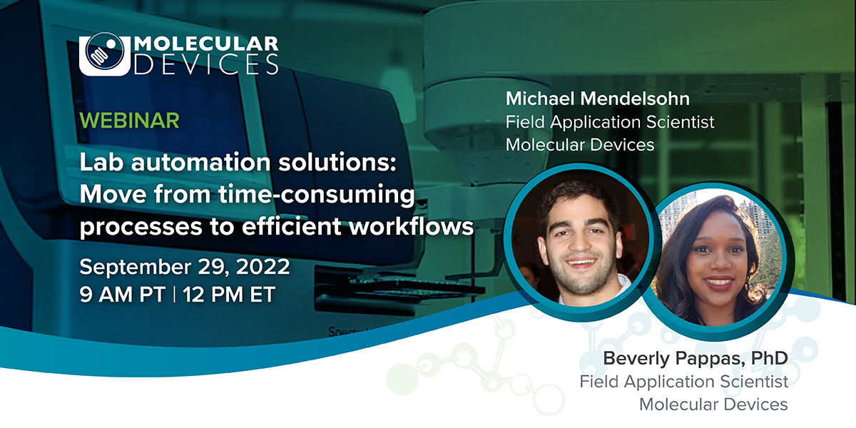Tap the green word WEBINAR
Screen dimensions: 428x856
click(129, 121)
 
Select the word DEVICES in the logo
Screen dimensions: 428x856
click(207, 65)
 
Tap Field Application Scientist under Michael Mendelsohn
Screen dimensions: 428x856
click(610, 122)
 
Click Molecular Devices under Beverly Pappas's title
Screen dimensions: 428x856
click(713, 404)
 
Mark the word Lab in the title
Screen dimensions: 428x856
click(99, 163)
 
